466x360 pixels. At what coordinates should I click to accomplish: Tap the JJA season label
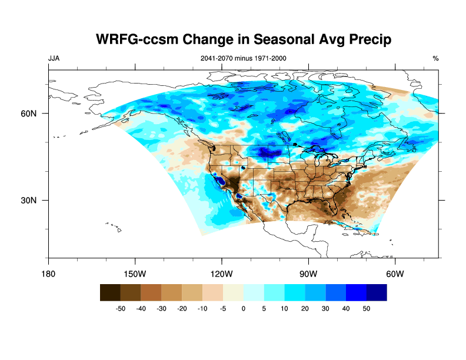tap(54, 58)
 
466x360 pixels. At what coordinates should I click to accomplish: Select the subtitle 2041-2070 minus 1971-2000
tap(244, 58)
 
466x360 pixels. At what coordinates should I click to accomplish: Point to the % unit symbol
tap(435, 58)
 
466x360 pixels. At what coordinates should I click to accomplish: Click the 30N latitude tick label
tap(31, 200)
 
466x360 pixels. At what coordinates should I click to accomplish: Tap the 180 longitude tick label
tap(48, 274)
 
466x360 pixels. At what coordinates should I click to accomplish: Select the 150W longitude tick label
tap(135, 274)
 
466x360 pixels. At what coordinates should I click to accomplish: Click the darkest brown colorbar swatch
tap(110, 292)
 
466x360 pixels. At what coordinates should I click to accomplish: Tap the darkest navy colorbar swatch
tap(377, 292)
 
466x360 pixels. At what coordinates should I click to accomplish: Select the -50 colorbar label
tap(121, 308)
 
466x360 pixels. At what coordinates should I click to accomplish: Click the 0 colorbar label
tap(244, 308)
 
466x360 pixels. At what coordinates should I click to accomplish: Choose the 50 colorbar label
tap(367, 308)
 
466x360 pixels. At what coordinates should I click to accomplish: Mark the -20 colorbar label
tap(182, 308)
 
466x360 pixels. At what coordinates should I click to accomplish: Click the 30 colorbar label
tap(325, 308)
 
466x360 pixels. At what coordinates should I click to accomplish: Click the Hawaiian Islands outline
tap(115, 226)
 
